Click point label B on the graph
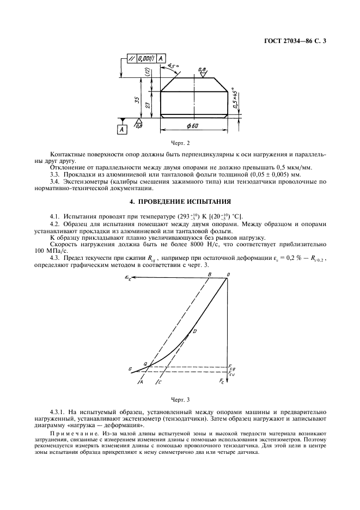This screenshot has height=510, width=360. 210,275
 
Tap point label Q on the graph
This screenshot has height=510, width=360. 145,363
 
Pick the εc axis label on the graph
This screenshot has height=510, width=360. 128,277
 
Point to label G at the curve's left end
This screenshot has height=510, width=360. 130,369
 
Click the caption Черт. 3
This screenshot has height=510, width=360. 180,399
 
